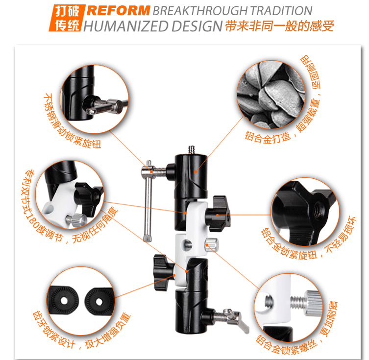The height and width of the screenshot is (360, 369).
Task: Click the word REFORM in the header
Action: (x=119, y=11)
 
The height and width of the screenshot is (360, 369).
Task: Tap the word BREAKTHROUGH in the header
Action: (x=200, y=11)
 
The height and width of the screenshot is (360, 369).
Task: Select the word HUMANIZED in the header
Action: (x=125, y=26)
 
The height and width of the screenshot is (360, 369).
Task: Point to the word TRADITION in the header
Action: (x=281, y=11)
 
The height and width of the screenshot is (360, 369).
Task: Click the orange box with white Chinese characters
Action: (x=66, y=18)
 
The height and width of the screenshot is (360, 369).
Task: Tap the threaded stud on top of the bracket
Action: (x=192, y=150)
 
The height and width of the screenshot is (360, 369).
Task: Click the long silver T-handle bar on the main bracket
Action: (x=148, y=201)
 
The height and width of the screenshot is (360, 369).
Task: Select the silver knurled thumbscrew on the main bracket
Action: (x=212, y=244)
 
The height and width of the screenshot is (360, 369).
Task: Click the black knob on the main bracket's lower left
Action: (x=163, y=271)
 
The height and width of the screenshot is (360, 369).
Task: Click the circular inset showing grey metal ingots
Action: (x=271, y=95)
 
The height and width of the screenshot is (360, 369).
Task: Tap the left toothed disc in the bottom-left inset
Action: (x=63, y=300)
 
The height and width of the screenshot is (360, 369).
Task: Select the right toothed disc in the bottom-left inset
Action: (x=100, y=301)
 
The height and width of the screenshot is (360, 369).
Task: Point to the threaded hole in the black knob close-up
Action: (x=318, y=211)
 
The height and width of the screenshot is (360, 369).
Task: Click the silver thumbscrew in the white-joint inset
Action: (x=76, y=220)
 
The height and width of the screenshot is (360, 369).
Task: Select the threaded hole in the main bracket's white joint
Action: (x=188, y=244)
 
